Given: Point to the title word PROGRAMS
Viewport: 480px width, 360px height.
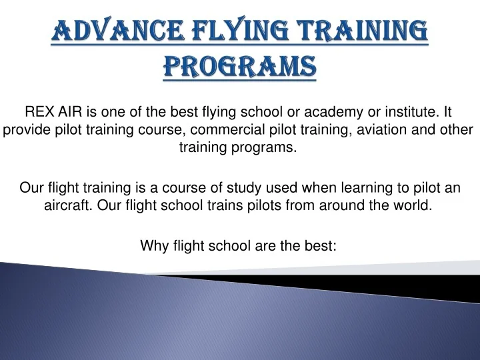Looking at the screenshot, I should coord(239,67).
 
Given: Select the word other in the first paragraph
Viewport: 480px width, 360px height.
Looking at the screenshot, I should coord(455,129).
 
